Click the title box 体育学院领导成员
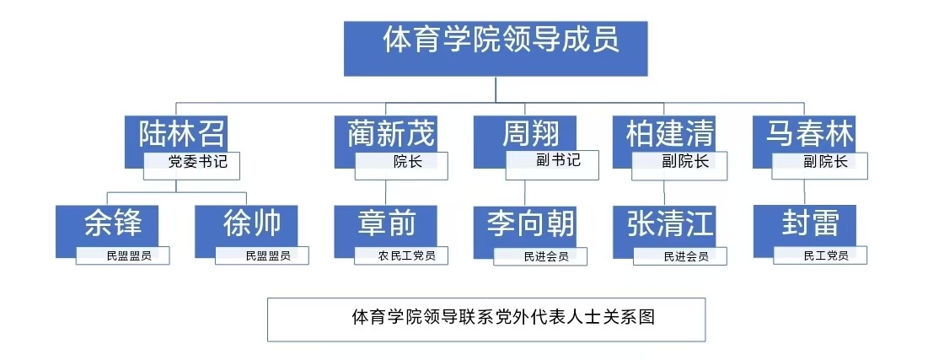coord(495,46)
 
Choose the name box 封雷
coord(809,225)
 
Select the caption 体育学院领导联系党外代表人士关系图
coord(486,319)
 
